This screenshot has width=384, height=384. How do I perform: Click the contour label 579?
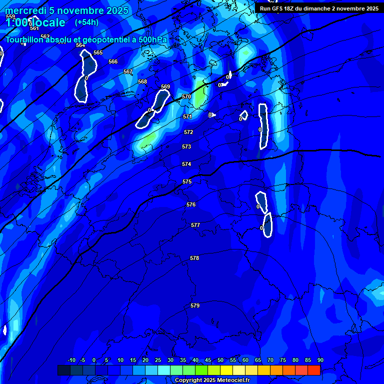click(x=195, y=305)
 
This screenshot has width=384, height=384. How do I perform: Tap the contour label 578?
click(x=194, y=258)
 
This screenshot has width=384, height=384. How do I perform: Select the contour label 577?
click(x=195, y=225)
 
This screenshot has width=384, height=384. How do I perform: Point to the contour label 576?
click(x=191, y=204)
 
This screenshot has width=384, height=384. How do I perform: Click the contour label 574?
click(x=186, y=164)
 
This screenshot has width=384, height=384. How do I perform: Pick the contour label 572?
click(x=188, y=132)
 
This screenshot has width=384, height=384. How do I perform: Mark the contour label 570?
click(x=186, y=96)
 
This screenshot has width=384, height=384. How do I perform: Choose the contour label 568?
click(x=142, y=81)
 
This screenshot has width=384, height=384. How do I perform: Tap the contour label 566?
click(x=113, y=61)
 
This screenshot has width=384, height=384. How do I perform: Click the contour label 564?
click(x=80, y=45)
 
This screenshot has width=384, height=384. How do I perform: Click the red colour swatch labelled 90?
click(x=314, y=370)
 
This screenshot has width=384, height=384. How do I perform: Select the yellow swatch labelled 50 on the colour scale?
click(x=226, y=370)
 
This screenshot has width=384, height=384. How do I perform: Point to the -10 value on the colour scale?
click(x=71, y=360)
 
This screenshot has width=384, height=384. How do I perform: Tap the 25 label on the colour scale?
click(x=158, y=360)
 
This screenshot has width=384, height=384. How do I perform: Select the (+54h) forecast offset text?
click(x=86, y=22)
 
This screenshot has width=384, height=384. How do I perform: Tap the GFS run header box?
click(x=319, y=8)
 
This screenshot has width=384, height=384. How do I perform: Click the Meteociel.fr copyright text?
click(x=212, y=380)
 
